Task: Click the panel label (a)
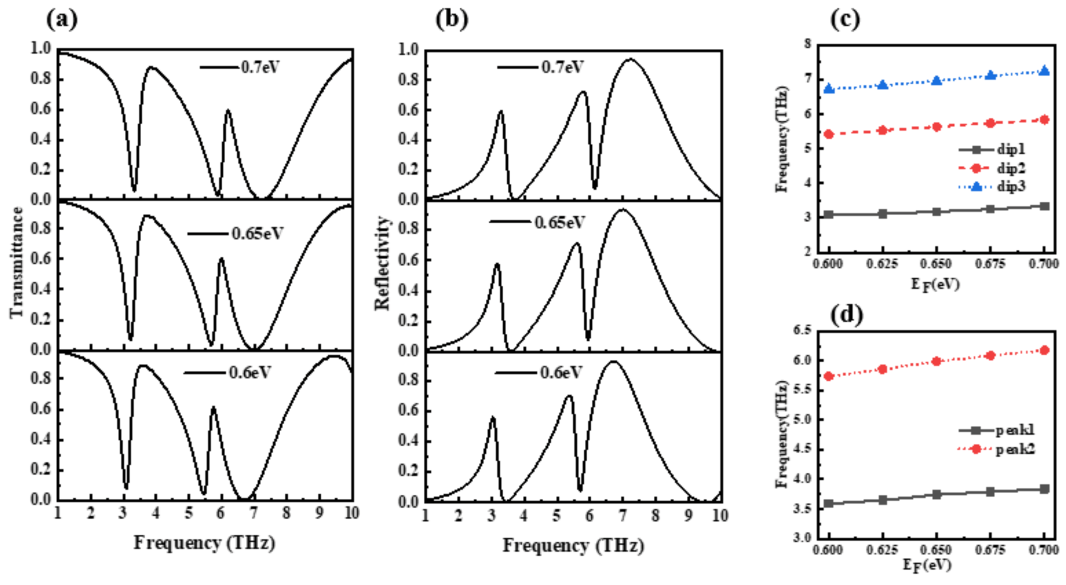62,20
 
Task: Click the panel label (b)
451,20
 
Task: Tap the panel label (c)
845,20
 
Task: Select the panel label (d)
846,315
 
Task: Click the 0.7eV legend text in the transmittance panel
260,67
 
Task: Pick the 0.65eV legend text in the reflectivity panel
559,222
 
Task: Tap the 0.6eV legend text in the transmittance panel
250,372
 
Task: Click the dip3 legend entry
1011,186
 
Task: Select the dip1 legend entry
1011,149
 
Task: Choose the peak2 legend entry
1015,449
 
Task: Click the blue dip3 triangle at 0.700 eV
1044,71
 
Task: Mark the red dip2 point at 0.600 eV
829,134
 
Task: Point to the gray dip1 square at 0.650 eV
936,211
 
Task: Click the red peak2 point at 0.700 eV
1044,350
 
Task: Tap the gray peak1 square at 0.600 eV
829,503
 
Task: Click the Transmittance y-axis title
17,262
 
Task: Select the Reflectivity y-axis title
382,263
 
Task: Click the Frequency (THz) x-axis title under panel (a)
204,542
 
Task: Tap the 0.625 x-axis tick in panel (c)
882,263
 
